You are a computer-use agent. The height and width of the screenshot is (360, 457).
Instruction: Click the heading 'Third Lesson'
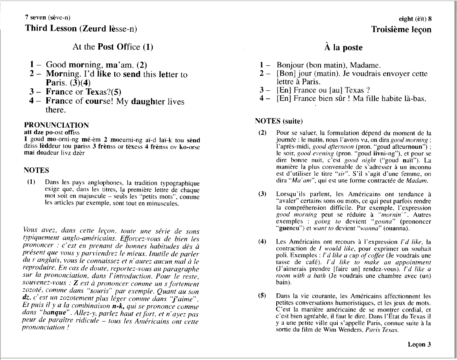tap(50, 28)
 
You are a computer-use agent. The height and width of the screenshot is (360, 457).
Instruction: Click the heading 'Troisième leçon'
tap(401, 29)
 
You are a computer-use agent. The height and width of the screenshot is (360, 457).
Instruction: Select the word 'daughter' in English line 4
tap(149, 101)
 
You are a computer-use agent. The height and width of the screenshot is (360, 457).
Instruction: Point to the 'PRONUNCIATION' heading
tap(56, 125)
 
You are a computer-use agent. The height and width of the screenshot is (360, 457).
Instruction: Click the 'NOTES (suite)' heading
tap(279, 121)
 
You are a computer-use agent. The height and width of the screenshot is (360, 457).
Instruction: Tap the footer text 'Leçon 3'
tap(419, 344)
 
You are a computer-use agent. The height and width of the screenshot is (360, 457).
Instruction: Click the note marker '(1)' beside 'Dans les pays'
tap(31, 182)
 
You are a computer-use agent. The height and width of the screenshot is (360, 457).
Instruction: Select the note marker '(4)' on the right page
tap(262, 241)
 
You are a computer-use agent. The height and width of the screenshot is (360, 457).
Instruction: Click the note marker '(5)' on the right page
tap(262, 296)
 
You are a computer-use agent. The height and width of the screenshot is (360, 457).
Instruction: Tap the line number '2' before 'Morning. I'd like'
tap(32, 74)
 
